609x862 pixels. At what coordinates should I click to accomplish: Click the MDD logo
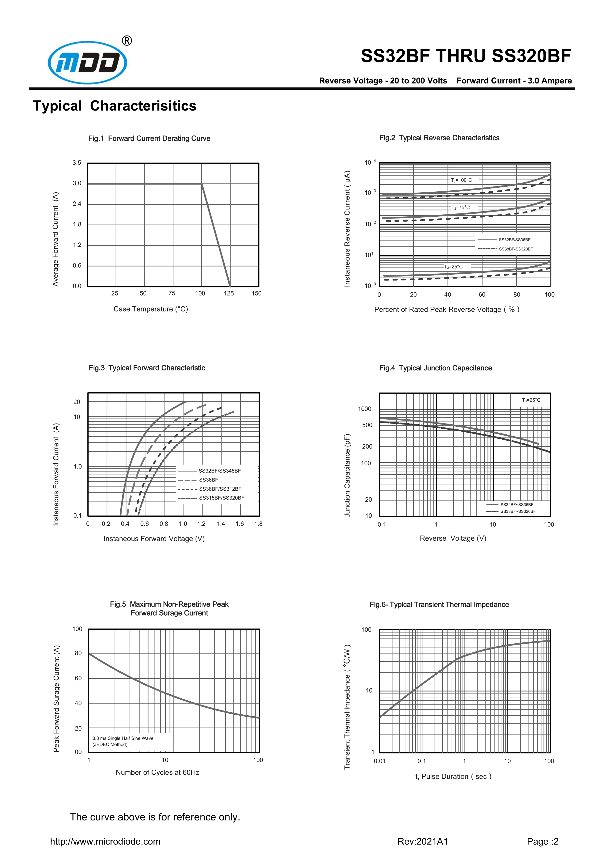(x=87, y=63)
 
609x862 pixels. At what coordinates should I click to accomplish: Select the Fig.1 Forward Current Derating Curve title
(x=149, y=139)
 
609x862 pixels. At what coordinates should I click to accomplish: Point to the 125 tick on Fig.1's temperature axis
(x=229, y=294)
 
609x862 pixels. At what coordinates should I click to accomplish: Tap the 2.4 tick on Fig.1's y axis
(x=77, y=204)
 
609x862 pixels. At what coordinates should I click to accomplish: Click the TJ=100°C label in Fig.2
(x=461, y=180)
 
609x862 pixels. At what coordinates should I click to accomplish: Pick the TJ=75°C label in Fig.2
(x=460, y=208)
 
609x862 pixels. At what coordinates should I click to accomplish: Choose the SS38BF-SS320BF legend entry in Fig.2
(x=516, y=249)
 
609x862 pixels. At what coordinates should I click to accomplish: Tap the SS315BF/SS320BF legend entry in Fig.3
(x=221, y=498)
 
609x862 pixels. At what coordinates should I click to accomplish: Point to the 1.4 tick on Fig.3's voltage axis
(x=221, y=524)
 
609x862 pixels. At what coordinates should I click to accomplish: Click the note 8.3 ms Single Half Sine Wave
(x=123, y=738)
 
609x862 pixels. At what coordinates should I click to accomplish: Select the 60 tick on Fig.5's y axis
(x=78, y=678)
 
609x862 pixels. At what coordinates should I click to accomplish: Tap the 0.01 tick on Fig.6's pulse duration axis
(x=379, y=761)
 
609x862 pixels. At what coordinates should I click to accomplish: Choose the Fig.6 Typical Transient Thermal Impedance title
(x=439, y=605)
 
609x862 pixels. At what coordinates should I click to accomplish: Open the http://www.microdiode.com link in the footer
(x=105, y=841)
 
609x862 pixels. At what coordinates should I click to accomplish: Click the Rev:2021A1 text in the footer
(x=423, y=841)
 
